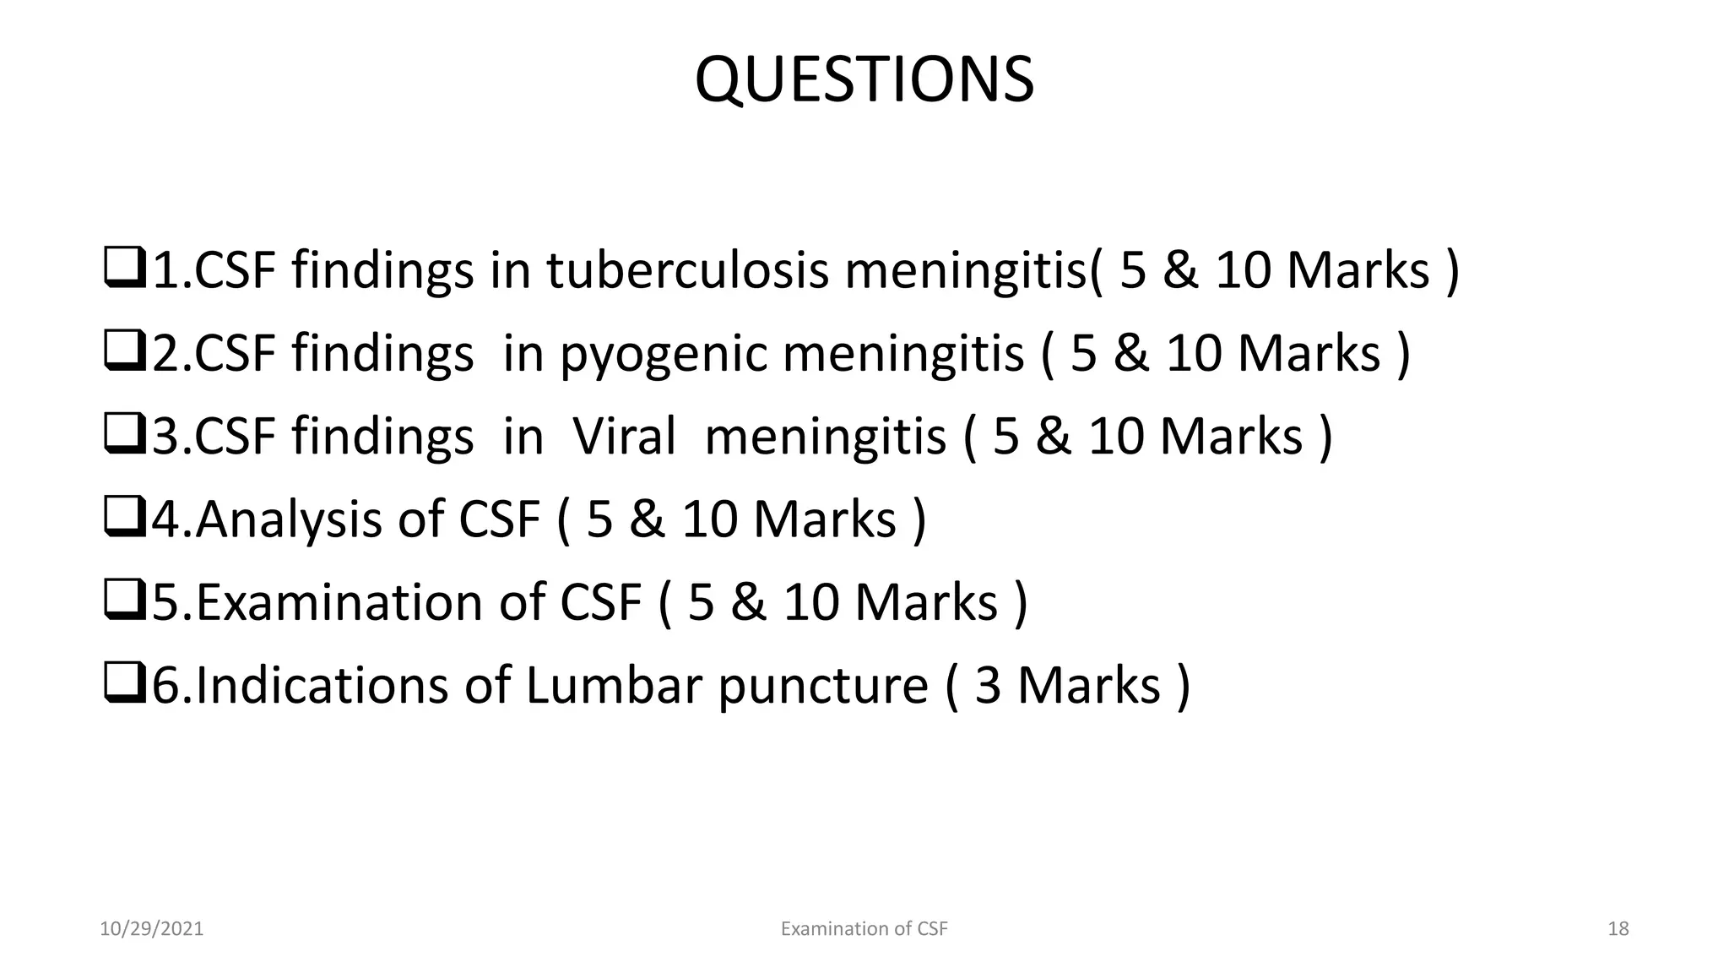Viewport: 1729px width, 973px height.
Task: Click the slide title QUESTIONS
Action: tap(864, 80)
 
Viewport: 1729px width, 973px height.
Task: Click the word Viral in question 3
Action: tap(624, 437)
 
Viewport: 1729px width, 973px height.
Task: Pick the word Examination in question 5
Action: tap(339, 602)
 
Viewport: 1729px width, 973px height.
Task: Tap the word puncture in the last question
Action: tap(823, 685)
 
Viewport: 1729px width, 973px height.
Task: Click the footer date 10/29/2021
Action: tap(151, 929)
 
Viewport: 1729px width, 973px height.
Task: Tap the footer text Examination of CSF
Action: tap(864, 929)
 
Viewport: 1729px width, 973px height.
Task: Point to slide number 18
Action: tap(1618, 929)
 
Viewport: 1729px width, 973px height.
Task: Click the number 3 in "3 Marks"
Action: tap(988, 685)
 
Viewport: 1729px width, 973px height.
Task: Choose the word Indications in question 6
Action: tap(322, 685)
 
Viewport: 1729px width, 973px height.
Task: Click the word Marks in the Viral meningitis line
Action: tap(1231, 437)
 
